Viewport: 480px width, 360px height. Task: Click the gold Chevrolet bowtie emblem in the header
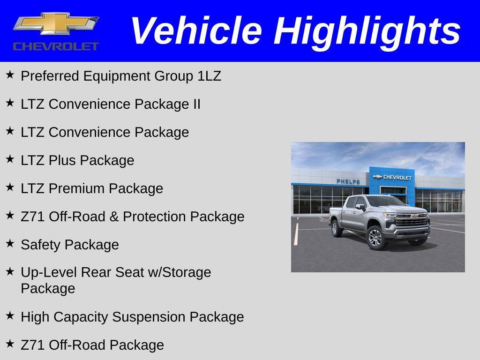(x=56, y=24)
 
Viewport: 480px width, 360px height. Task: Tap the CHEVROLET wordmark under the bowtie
(x=56, y=46)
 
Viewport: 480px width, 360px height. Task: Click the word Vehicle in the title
(x=195, y=31)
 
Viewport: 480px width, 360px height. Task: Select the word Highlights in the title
(x=367, y=31)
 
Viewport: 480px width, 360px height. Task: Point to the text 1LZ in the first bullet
(x=209, y=76)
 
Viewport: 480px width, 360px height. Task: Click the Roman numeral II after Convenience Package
(x=196, y=104)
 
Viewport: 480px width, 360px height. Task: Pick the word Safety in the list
(x=41, y=245)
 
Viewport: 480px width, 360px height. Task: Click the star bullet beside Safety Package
(x=10, y=243)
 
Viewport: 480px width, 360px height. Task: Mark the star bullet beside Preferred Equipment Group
(x=10, y=75)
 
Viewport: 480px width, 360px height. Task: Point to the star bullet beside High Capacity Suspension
(x=10, y=315)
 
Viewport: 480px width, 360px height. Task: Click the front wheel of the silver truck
(x=375, y=237)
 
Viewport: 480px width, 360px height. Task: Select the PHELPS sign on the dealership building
(x=348, y=181)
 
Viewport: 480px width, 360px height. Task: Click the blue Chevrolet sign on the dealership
(x=392, y=177)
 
